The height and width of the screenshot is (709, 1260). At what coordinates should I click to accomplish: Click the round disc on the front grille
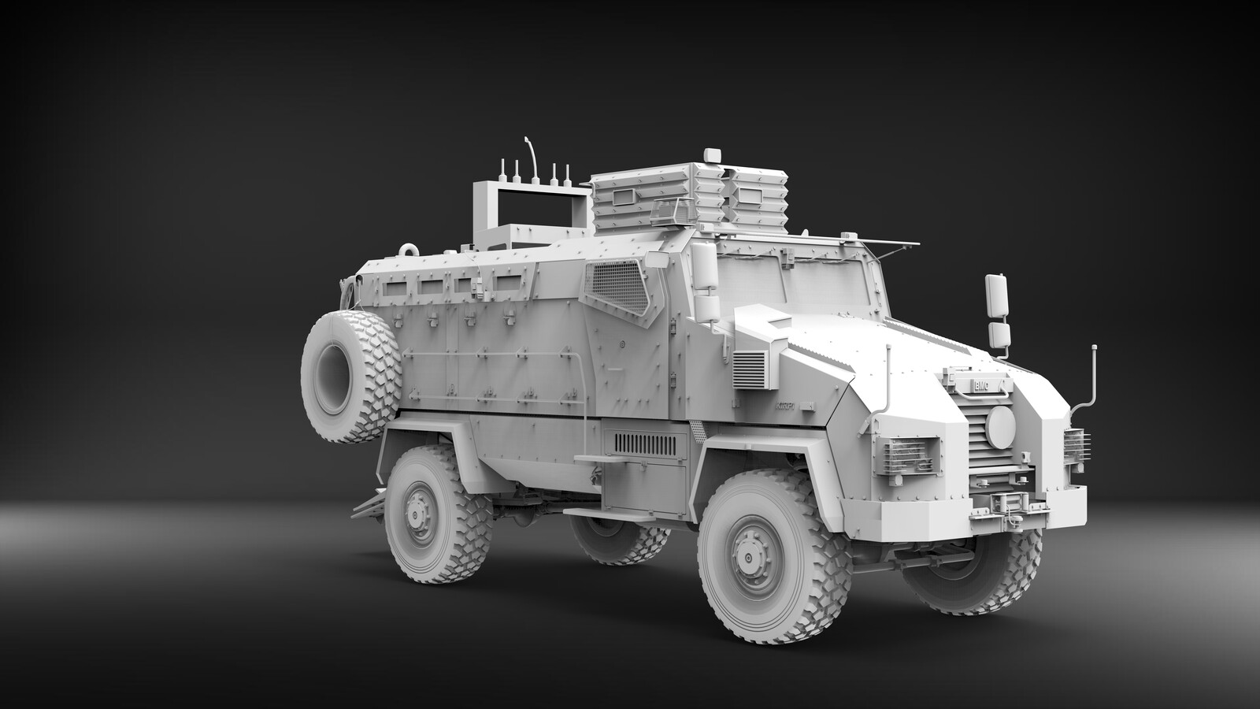[x=999, y=425]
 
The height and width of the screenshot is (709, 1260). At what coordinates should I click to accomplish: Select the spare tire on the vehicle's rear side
[x=351, y=376]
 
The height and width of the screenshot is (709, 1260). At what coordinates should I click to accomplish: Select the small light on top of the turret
[x=713, y=154]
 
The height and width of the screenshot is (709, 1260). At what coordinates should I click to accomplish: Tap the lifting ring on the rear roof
[x=409, y=248]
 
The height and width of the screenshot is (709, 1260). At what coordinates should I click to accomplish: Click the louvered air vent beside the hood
[x=750, y=369]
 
